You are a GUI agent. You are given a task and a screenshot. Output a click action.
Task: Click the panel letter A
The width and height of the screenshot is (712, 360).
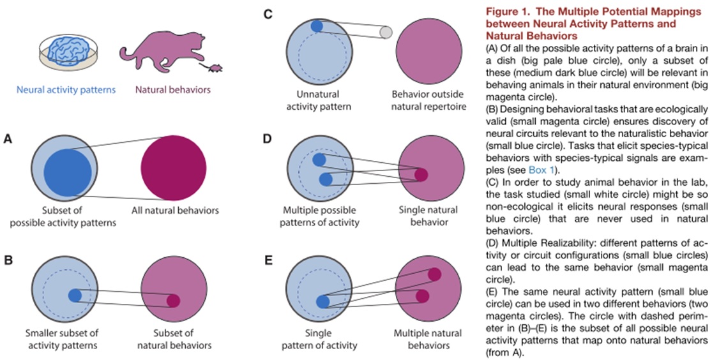click(x=8, y=138)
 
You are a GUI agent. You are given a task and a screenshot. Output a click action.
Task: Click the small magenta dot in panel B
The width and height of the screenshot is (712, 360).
click(x=173, y=301)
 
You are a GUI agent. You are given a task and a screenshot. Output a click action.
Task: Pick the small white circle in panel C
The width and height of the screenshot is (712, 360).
click(x=385, y=32)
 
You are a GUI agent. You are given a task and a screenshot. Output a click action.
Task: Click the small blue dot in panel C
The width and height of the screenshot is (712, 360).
click(x=317, y=26)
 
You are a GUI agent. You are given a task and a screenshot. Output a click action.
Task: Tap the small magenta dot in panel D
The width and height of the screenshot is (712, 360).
click(x=421, y=174)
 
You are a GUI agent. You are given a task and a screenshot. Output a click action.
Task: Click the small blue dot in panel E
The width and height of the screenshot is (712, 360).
click(x=323, y=301)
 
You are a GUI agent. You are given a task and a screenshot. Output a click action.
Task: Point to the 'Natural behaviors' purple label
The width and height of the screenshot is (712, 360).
click(x=172, y=89)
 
